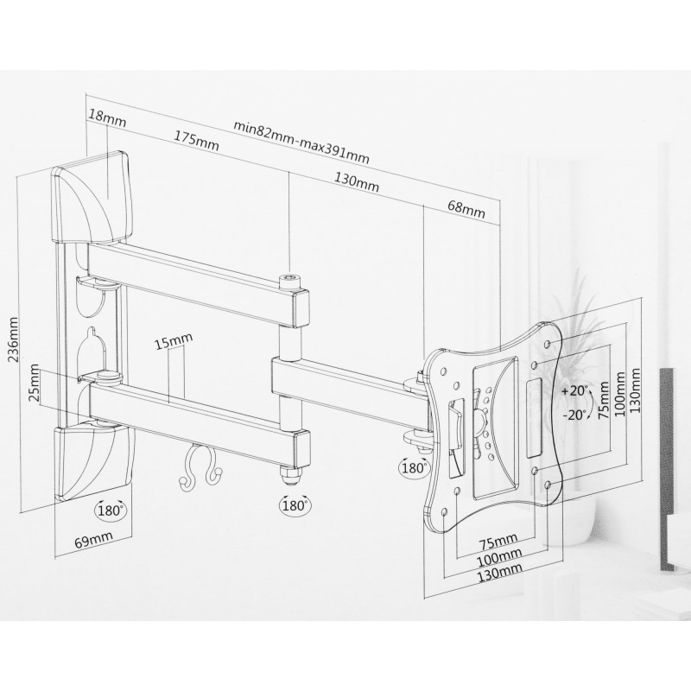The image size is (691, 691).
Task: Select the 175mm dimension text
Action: [196, 141]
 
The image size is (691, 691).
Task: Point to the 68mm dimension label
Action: [466, 209]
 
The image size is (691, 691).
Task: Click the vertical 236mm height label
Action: [15, 339]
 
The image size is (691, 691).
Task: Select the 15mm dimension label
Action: [174, 340]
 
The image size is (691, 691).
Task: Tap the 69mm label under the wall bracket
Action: [93, 539]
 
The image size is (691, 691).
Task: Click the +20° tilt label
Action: [575, 391]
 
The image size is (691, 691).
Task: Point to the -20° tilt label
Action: [574, 415]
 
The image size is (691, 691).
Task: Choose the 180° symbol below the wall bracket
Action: [110, 510]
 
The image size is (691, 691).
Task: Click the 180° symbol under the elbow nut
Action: [295, 505]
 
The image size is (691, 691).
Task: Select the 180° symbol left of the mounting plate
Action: [414, 467]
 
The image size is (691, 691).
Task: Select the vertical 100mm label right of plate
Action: [619, 396]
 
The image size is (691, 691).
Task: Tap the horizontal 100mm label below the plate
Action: [500, 555]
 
